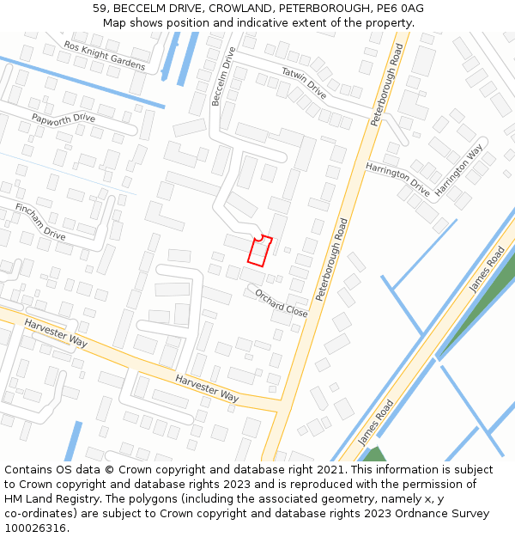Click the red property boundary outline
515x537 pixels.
(x=260, y=251)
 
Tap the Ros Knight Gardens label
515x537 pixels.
(x=105, y=56)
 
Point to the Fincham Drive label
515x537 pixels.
(x=40, y=222)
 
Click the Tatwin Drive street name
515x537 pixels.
(x=304, y=82)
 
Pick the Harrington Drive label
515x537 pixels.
(x=397, y=178)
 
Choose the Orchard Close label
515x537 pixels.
(x=281, y=302)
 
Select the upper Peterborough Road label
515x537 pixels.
(x=386, y=86)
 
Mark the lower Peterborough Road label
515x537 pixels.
(x=330, y=259)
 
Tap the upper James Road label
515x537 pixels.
(x=487, y=271)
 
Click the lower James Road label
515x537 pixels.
(x=375, y=421)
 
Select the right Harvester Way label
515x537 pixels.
(x=207, y=388)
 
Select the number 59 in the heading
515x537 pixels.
(x=100, y=9)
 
